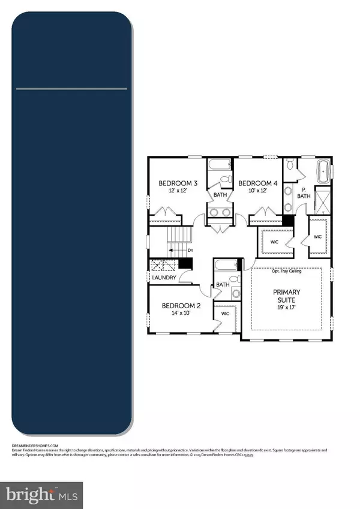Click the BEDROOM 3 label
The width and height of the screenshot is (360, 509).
click(178, 183)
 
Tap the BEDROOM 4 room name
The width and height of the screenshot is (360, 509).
click(258, 183)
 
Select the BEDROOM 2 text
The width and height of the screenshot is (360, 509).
click(181, 306)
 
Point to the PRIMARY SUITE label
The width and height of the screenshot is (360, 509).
click(290, 296)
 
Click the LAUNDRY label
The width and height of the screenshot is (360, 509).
click(164, 278)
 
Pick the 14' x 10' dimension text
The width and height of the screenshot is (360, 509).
click(181, 314)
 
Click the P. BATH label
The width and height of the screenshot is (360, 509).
click(304, 193)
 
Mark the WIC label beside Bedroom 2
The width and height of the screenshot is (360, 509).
click(226, 313)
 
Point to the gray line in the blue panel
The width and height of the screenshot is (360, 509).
click(71, 89)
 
